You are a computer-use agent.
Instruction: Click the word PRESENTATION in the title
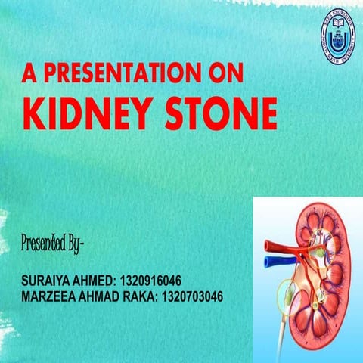(127, 73)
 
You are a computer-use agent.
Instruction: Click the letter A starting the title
(29, 73)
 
